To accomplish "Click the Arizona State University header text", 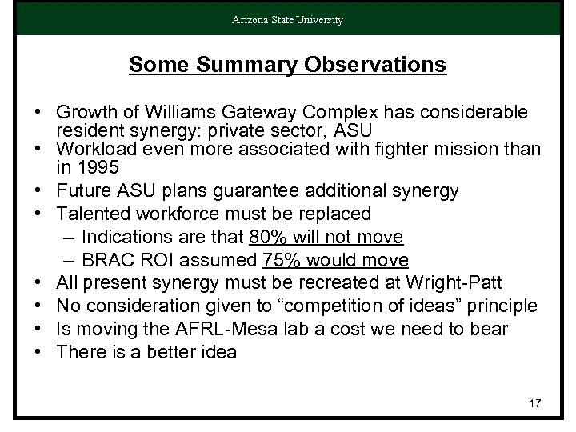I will point(287,19).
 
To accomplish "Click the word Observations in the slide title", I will point(382,65).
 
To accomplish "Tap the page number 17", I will point(534,403).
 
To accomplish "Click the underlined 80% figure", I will point(267,238).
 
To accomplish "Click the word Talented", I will point(94,214).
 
